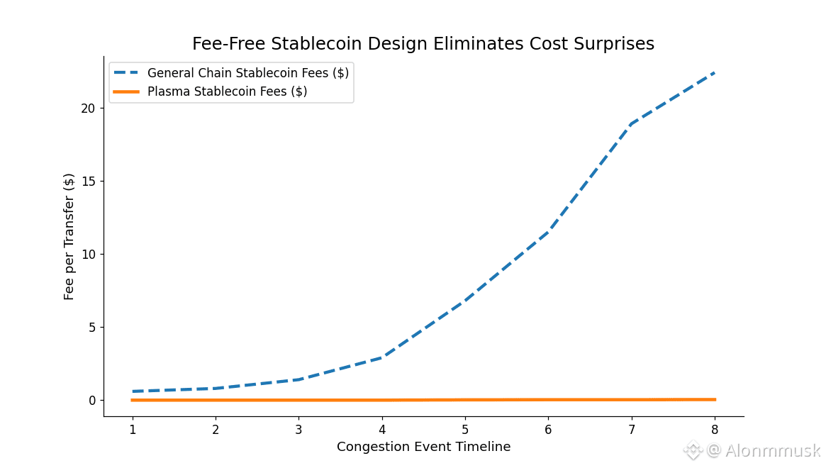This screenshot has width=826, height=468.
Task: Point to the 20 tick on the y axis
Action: tap(87, 108)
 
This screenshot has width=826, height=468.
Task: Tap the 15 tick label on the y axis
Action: tap(87, 182)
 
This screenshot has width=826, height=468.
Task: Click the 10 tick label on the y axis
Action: tap(87, 255)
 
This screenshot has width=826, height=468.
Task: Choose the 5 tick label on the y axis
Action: tap(91, 328)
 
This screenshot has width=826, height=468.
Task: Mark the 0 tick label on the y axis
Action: tap(91, 401)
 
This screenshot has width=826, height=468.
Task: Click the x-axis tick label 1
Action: tap(133, 430)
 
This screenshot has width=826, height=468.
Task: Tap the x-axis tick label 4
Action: tap(382, 430)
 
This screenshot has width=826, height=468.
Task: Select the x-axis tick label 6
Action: tap(548, 430)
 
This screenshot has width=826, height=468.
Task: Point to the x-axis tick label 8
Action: tap(715, 430)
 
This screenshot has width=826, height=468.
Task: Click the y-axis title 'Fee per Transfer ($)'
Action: tap(69, 236)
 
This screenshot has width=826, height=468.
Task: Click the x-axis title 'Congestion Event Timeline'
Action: tap(423, 447)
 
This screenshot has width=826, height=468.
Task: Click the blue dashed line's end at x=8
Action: tap(715, 72)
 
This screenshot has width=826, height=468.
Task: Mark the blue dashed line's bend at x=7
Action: tap(632, 124)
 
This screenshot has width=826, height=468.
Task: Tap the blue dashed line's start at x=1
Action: tap(133, 391)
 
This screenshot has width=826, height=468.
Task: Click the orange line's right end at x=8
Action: tap(715, 399)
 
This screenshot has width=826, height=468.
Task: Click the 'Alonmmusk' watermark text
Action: tap(772, 450)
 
